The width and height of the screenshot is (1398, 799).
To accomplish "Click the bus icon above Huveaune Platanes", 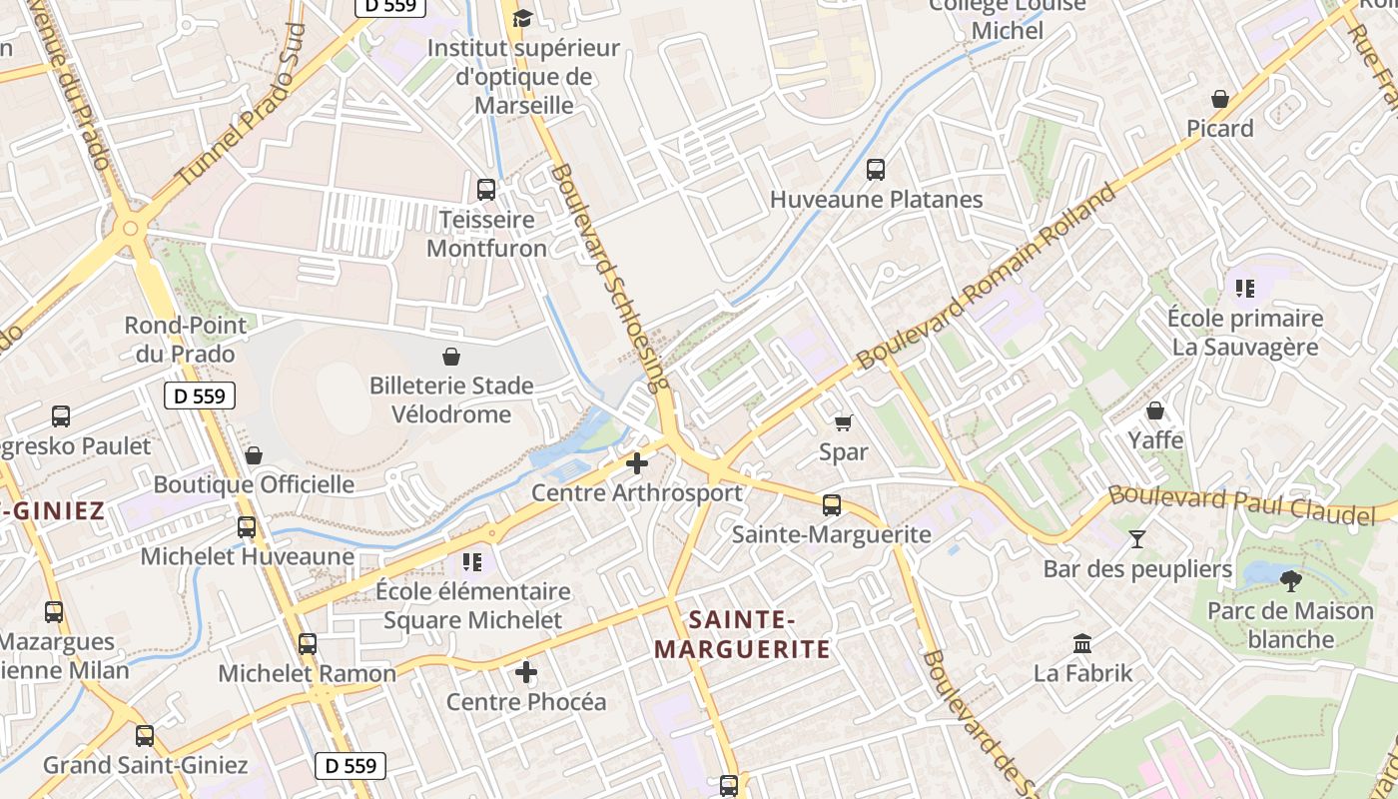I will pyautogui.click(x=876, y=170).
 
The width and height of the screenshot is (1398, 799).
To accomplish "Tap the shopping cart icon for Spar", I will pyautogui.click(x=844, y=422).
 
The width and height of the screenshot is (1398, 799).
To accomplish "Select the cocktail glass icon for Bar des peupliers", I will pyautogui.click(x=1137, y=539).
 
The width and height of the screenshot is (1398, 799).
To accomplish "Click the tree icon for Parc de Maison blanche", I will pyautogui.click(x=1291, y=580).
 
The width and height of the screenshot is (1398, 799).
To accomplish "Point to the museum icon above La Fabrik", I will pyautogui.click(x=1082, y=643).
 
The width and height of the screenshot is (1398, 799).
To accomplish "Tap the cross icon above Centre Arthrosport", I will pyautogui.click(x=636, y=463).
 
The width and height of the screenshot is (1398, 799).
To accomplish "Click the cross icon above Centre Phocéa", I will pyautogui.click(x=526, y=672).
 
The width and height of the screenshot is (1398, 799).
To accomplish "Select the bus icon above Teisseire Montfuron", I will pyautogui.click(x=486, y=189).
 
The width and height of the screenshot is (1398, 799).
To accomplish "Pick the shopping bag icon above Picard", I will pyautogui.click(x=1219, y=99).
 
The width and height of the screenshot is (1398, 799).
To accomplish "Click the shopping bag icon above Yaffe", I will pyautogui.click(x=1155, y=410).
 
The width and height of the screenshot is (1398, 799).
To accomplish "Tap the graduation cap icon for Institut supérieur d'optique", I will pyautogui.click(x=522, y=18).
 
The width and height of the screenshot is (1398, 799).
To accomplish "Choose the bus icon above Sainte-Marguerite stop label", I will pyautogui.click(x=832, y=505).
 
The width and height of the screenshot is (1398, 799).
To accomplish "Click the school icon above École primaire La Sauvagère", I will pyautogui.click(x=1244, y=289).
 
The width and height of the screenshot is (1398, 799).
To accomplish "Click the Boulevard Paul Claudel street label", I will pyautogui.click(x=1241, y=503).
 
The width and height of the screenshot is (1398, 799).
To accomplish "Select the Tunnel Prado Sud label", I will pyautogui.click(x=240, y=104).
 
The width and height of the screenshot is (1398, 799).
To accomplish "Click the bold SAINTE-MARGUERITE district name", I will pyautogui.click(x=742, y=635).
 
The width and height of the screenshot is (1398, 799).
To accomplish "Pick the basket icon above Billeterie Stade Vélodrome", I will pyautogui.click(x=451, y=357).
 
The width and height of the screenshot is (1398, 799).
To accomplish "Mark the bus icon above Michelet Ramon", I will pyautogui.click(x=308, y=644).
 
